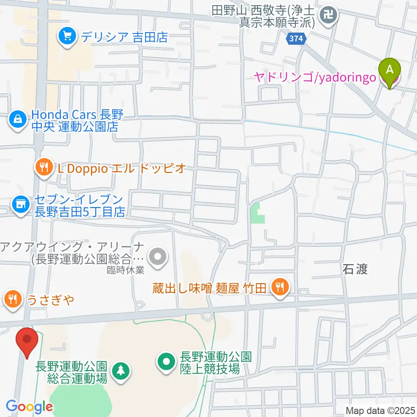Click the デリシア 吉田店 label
click(123, 37)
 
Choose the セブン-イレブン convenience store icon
click(20, 202)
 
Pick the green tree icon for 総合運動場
click(120, 371)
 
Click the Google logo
click(29, 407)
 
